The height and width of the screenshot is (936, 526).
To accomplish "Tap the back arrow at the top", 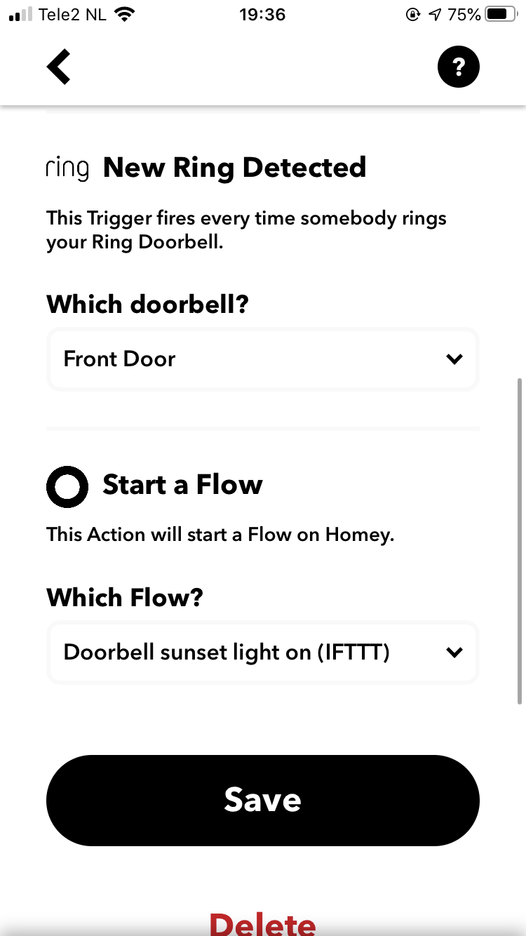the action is [x=58, y=67].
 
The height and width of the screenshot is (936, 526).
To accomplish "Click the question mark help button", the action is [x=458, y=67].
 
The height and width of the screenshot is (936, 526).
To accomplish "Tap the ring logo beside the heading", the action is [x=67, y=168].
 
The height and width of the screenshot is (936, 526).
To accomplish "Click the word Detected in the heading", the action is [x=304, y=168].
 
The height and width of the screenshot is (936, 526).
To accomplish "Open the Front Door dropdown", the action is [x=263, y=359].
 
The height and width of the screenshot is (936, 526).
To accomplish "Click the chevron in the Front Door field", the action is [x=454, y=359].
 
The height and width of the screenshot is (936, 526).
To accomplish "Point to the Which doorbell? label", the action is [x=147, y=304].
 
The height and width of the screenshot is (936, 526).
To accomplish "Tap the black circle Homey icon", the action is [x=67, y=486].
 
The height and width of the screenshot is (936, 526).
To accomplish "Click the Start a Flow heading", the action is [x=182, y=485].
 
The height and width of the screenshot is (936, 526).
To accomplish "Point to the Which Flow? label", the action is [x=125, y=597].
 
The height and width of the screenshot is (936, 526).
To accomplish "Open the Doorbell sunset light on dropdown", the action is [x=263, y=653].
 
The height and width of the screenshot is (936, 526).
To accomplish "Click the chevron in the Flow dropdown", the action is [x=454, y=653].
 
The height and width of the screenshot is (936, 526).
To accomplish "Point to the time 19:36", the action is [x=262, y=15].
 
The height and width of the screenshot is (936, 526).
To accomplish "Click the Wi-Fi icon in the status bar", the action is [x=124, y=15].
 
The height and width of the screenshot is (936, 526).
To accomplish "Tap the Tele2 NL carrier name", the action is [x=72, y=15].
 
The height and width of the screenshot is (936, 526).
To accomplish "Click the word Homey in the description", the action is [x=360, y=535].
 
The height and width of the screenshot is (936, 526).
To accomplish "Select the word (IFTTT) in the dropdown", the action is [x=353, y=653].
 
